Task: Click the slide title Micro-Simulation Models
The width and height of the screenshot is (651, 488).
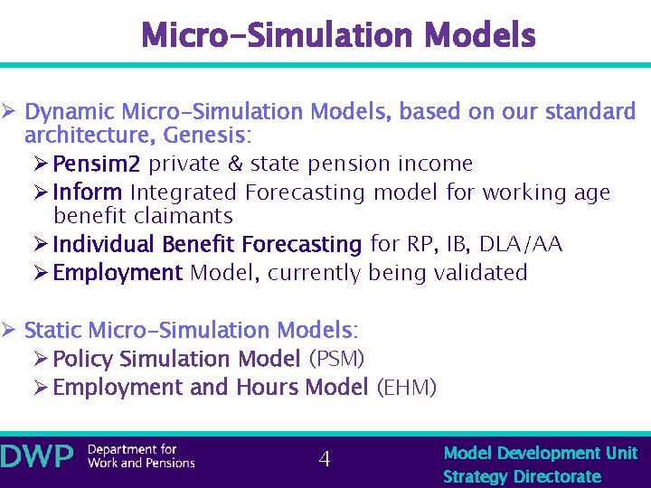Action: [x=339, y=35]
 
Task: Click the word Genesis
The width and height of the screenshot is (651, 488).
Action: [x=215, y=136]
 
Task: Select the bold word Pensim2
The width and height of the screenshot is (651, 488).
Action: [x=97, y=164]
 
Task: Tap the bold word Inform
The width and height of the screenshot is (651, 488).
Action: [x=88, y=192]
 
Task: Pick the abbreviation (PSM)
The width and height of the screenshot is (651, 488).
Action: [x=336, y=359]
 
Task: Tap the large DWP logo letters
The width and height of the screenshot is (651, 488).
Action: [x=37, y=457]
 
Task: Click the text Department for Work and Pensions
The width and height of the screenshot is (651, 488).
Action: [x=140, y=456]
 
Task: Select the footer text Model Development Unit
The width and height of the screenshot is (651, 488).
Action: [x=541, y=453]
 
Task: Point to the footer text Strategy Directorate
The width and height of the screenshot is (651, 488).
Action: [x=522, y=476]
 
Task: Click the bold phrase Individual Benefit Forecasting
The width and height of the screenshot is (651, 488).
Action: [x=207, y=245]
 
